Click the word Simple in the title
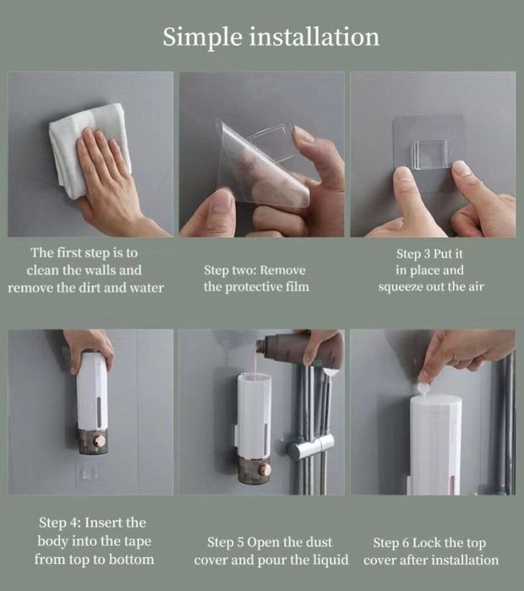202,38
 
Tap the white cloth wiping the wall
90,148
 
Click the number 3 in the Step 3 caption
427,254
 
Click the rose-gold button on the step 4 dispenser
101,441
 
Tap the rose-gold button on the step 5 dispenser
265,469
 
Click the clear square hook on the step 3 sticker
430,154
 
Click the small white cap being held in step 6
423,389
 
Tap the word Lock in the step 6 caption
427,543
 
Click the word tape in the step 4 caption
137,542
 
